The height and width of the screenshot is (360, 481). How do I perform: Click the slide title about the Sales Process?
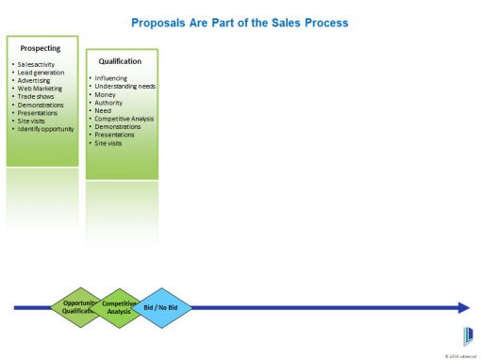240,21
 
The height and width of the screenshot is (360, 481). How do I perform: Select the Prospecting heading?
41,47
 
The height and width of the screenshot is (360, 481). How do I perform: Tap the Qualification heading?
120,61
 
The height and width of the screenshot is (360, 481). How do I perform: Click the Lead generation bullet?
40,73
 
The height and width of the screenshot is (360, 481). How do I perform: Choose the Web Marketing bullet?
39,88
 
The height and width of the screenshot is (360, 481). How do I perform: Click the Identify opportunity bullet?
45,128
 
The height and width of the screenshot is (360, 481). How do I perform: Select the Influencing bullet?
113,77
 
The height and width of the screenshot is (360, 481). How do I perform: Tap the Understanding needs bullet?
125,86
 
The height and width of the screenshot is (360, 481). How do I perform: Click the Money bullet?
106,94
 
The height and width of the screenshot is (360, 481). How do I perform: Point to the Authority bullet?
109,102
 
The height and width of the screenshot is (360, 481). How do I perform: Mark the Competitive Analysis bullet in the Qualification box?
125,119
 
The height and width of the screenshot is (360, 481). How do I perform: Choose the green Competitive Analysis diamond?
118,307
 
